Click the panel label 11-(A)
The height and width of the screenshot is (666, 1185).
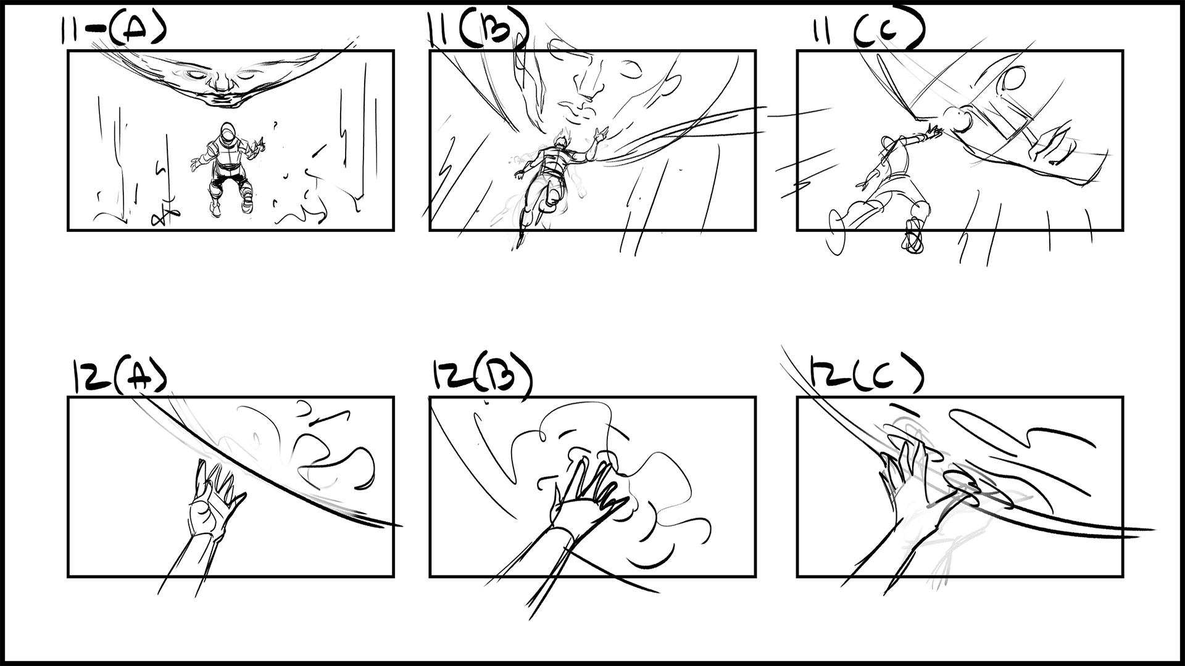(113, 29)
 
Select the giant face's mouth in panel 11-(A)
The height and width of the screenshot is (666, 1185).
(220, 97)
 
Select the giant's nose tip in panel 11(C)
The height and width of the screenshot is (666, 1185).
(959, 120)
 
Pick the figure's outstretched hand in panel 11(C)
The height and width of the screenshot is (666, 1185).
(932, 131)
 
